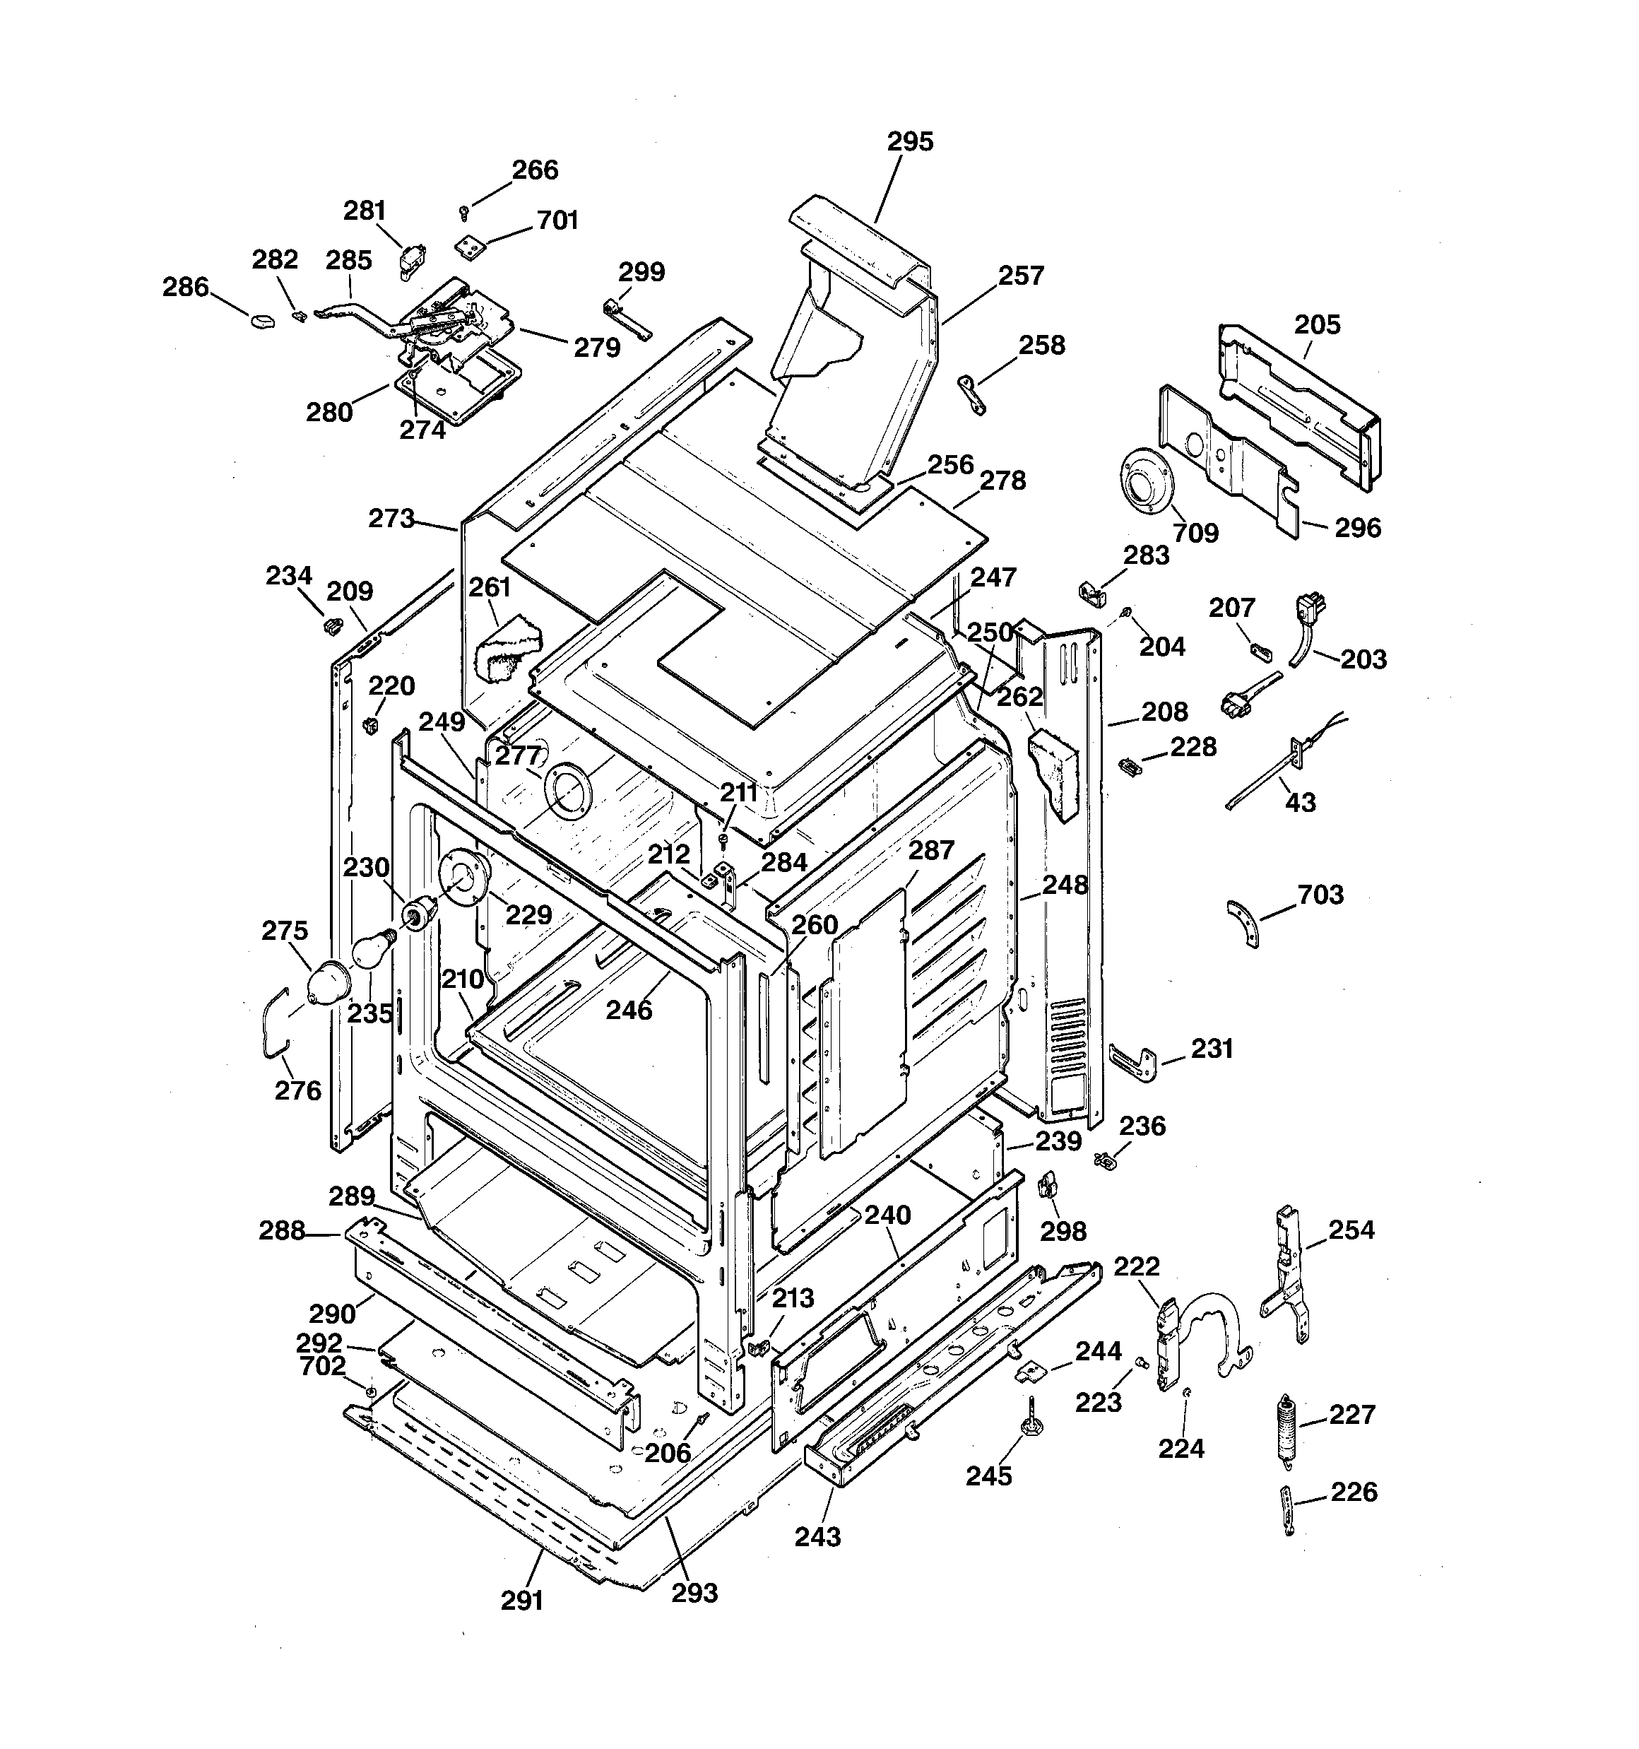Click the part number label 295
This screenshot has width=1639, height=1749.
tap(910, 141)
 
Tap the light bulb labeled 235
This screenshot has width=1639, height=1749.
tap(369, 950)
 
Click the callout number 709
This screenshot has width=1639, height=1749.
tap(1195, 532)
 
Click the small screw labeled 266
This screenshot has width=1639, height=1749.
tap(465, 212)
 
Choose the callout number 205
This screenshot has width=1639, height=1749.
tap(1317, 324)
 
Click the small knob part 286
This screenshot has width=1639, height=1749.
tap(261, 321)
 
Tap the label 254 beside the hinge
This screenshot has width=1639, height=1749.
tap(1351, 1229)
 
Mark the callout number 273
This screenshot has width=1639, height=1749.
tap(391, 518)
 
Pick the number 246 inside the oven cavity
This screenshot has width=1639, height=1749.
tap(629, 1010)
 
